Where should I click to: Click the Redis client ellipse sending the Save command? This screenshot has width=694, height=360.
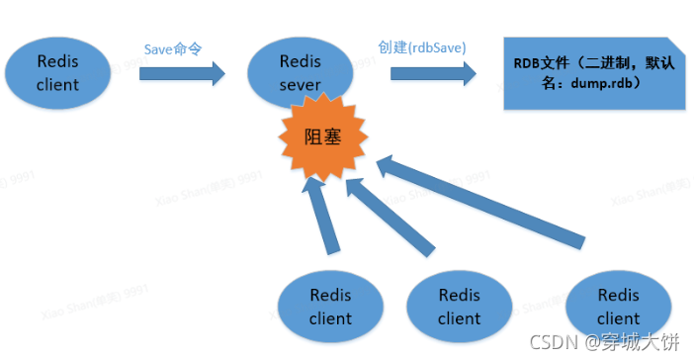pyautogui.click(x=57, y=72)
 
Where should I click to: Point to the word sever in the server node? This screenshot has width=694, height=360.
pyautogui.click(x=299, y=85)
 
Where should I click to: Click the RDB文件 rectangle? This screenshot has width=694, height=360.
pyautogui.click(x=591, y=73)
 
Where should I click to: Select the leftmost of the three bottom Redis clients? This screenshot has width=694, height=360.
pyautogui.click(x=330, y=306)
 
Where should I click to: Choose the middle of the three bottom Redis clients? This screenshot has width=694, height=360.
pyautogui.click(x=459, y=306)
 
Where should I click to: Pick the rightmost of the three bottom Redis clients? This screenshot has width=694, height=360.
pyautogui.click(x=618, y=306)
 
